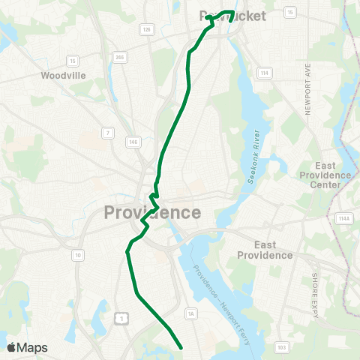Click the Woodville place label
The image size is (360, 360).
(x=64, y=75)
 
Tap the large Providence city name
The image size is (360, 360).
(x=152, y=212)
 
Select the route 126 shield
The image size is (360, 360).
(x=147, y=29)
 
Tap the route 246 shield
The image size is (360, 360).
(x=120, y=57)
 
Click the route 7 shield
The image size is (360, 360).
(x=107, y=133)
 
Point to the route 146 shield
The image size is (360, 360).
(x=133, y=141)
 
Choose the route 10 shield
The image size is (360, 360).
(x=77, y=255)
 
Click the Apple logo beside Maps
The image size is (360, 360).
(x=11, y=347)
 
